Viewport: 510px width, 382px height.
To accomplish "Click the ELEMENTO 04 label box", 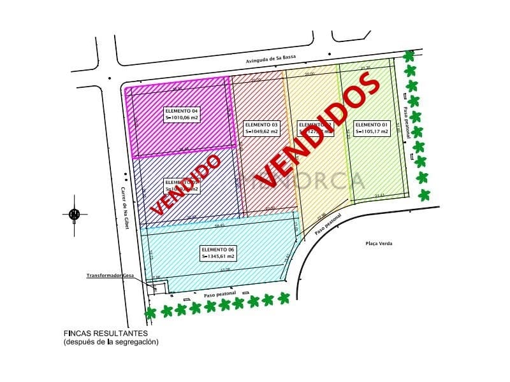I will point(182,114).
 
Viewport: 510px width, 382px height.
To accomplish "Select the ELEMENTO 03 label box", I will point(261,128).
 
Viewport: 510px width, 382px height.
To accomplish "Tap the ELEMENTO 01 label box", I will point(372,128).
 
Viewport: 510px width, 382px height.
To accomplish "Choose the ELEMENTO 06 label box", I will point(217,252).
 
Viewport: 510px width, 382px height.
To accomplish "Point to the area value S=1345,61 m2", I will point(217,256).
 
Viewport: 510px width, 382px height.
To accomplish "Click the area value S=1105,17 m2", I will point(372,132).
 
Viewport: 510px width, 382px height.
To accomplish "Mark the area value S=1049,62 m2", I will point(261,132).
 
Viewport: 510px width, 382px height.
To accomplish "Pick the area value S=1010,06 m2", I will point(182,118).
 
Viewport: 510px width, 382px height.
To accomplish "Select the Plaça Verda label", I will point(379,244).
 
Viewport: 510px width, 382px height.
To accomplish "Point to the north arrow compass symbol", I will point(75,214).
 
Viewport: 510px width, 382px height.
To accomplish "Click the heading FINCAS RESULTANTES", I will point(105,333).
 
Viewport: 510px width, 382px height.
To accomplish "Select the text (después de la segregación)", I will point(110,342).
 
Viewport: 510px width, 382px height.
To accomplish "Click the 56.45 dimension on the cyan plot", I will point(219,225).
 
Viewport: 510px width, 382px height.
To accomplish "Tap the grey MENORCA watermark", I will point(312,180).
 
